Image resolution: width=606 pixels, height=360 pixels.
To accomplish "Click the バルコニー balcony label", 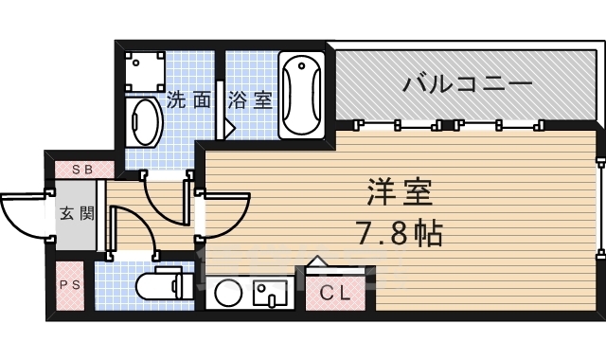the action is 467,83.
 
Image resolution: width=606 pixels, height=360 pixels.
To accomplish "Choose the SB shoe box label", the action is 81,170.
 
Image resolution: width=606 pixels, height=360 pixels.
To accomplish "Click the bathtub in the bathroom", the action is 302,96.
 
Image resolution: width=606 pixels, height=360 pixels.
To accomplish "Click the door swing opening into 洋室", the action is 225,213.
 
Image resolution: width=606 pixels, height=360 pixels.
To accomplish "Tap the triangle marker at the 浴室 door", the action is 229,127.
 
